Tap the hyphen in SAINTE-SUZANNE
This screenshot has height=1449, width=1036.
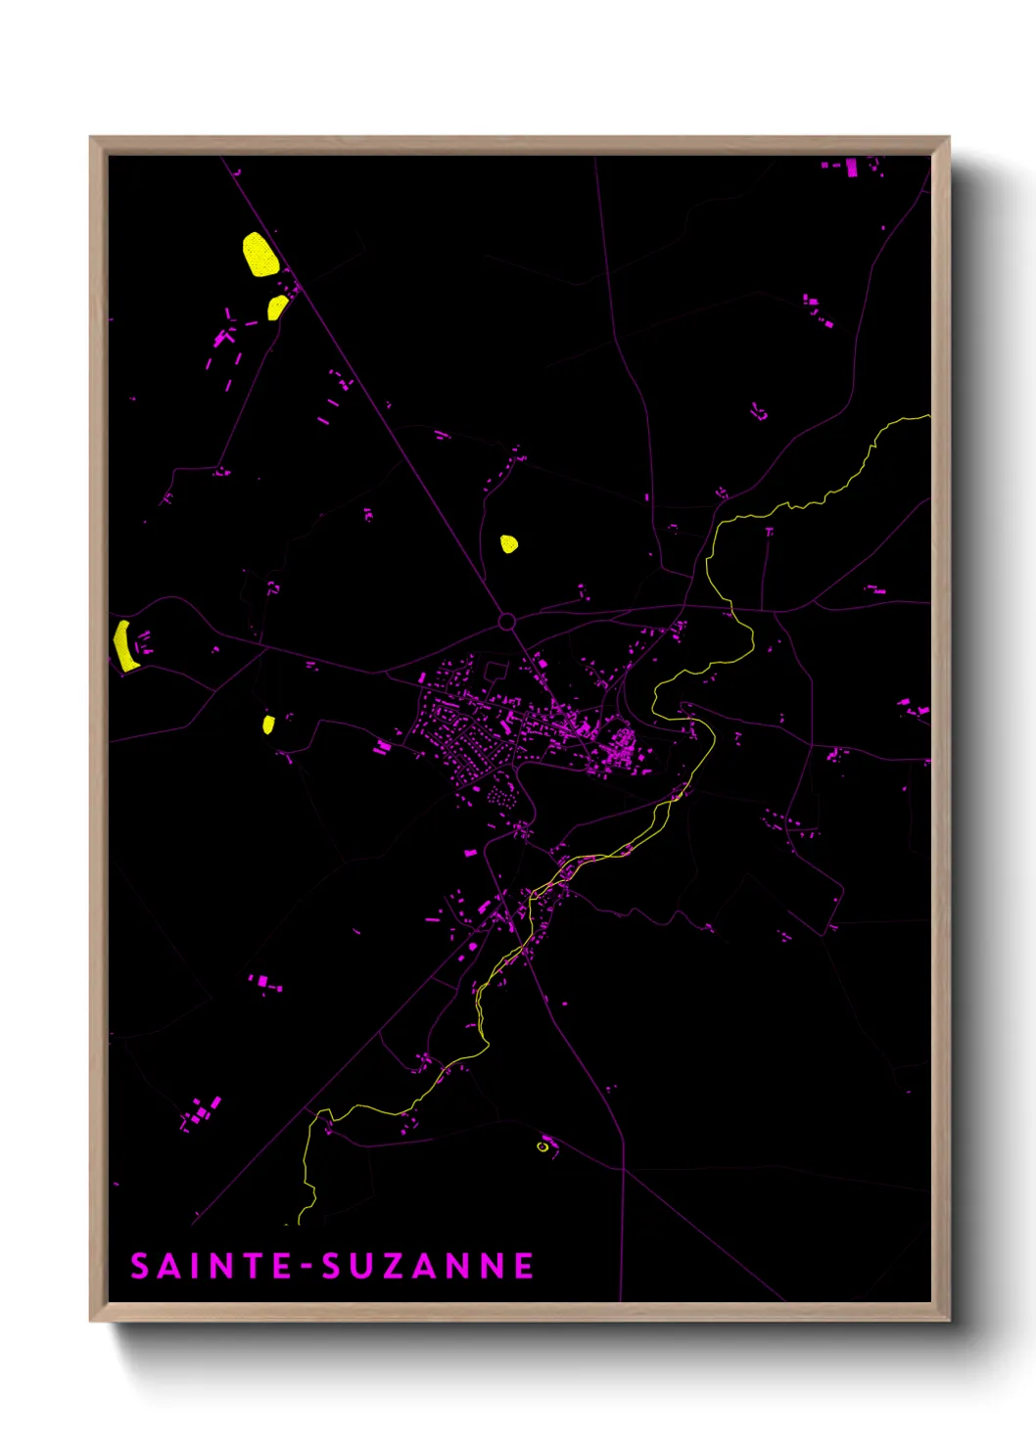[x=307, y=1267]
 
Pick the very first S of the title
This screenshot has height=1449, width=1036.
[x=140, y=1266]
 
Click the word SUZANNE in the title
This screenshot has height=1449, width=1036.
[x=428, y=1266]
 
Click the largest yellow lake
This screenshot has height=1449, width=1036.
[x=259, y=255]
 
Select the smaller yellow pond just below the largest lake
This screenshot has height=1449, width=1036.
[x=278, y=307]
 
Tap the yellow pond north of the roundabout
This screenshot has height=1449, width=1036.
[x=508, y=543]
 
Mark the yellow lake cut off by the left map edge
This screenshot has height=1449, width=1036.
[x=123, y=645]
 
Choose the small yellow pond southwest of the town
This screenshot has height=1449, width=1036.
[x=268, y=724]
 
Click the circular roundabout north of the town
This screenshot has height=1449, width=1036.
[x=506, y=621]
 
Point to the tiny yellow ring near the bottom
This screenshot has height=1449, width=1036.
[x=542, y=1145]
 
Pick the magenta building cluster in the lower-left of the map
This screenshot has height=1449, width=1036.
[x=201, y=1112]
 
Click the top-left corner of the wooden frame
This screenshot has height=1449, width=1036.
[x=92, y=139]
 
